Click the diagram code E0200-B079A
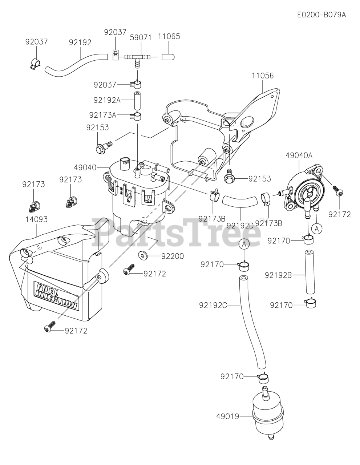pos(321,15)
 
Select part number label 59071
pos(141,38)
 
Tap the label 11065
pos(169,36)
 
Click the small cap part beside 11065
pos(168,57)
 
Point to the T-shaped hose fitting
pos(137,58)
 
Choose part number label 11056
pos(262,76)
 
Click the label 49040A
pos(299,155)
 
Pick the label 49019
pos(227,416)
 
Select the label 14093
pos(36,219)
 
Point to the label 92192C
pos(213,306)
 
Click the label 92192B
pos(278,275)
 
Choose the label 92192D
pos(240,226)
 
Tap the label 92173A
pos(103,115)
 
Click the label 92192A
pos(107,100)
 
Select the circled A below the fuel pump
pos(317,229)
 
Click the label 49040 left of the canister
pos(85,167)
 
